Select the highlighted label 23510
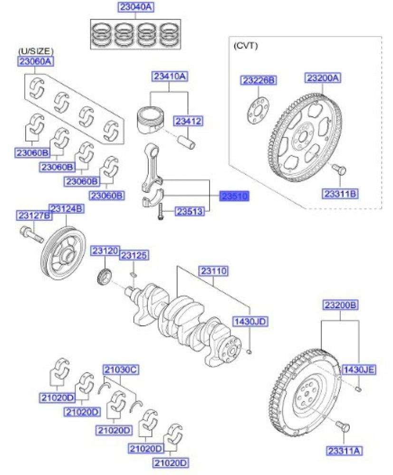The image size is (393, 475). coord(234,196)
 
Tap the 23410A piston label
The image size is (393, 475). coord(170,76)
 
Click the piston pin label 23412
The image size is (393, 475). coord(187,122)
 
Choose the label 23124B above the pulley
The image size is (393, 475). coord(67,209)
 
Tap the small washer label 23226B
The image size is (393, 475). coord(258,81)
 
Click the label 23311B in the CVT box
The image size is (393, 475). coord(341,193)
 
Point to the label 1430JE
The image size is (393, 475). coord(359,369)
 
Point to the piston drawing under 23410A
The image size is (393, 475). coord(152,116)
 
